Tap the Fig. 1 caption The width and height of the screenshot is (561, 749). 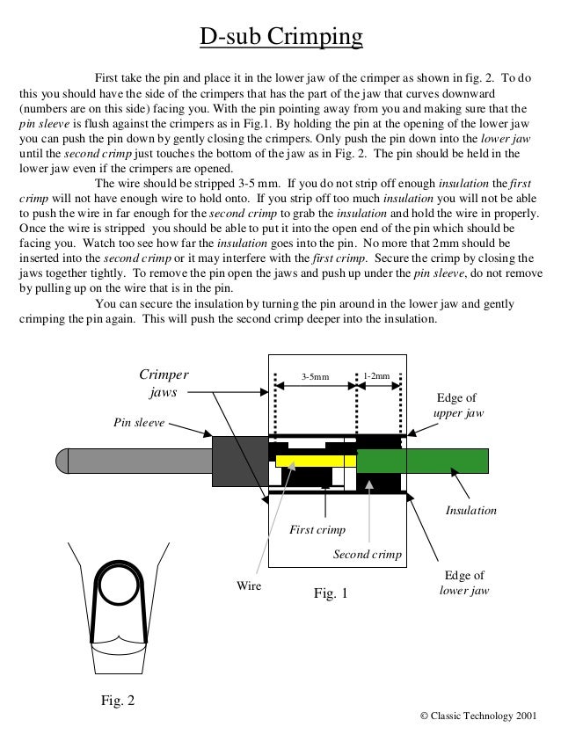pos(331,593)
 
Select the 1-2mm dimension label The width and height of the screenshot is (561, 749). pos(377,377)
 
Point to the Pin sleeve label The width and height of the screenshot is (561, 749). pos(139,422)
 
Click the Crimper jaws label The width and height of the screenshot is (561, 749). pos(163,383)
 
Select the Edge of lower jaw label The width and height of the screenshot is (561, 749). pos(463,583)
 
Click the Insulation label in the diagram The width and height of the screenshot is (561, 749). pos(471,510)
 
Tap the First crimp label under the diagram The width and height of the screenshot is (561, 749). pos(317,530)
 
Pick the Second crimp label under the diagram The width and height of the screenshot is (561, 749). pos(367,555)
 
